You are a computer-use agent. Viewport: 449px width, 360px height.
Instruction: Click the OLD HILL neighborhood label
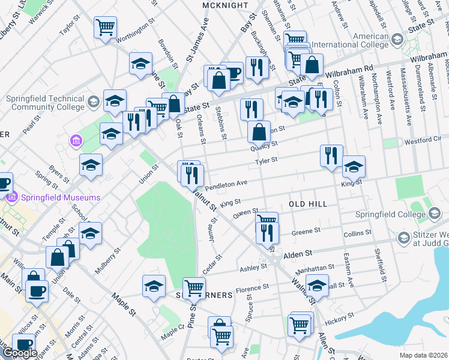(x=308, y=204)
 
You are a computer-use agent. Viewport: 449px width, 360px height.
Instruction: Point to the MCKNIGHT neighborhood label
(x=225, y=5)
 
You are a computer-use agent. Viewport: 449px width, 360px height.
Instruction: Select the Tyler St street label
(x=266, y=161)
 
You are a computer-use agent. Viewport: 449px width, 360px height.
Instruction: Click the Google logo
(x=20, y=353)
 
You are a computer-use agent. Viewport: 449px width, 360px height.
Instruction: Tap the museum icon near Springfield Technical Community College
(x=76, y=142)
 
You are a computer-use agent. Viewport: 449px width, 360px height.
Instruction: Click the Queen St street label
(x=245, y=212)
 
